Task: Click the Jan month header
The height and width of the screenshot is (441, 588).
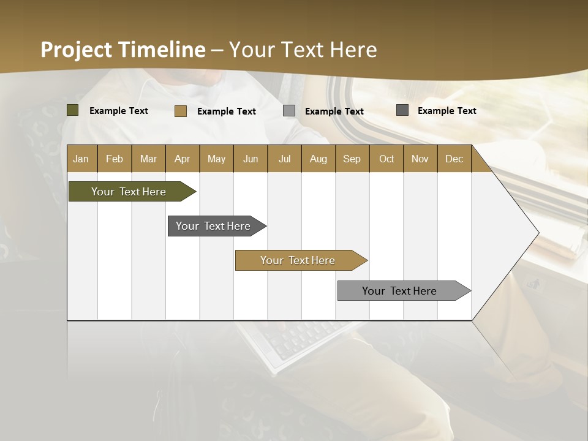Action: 81,159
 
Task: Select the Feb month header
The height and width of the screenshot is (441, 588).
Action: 115,159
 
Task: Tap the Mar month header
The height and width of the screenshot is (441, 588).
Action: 148,159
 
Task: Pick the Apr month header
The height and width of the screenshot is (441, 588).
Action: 182,159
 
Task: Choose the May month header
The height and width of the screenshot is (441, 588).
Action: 216,159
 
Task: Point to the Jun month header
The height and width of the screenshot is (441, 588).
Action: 251,159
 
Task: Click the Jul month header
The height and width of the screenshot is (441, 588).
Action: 284,159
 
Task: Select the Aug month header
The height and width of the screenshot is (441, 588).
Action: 318,159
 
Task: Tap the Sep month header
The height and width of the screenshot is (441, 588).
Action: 352,159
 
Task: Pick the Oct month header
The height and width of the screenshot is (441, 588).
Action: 386,159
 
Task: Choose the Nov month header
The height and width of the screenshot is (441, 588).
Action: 420,159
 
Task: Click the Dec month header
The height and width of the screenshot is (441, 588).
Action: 454,159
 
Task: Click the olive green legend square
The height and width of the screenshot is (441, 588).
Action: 72,110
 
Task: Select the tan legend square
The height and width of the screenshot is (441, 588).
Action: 180,111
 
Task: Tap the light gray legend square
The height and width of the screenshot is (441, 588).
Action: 289,111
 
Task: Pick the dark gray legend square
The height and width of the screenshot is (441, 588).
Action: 402,110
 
